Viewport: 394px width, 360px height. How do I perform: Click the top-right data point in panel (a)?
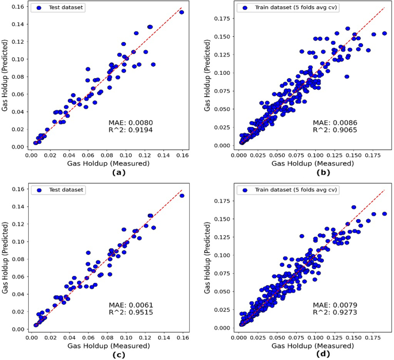tap(182, 12)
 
